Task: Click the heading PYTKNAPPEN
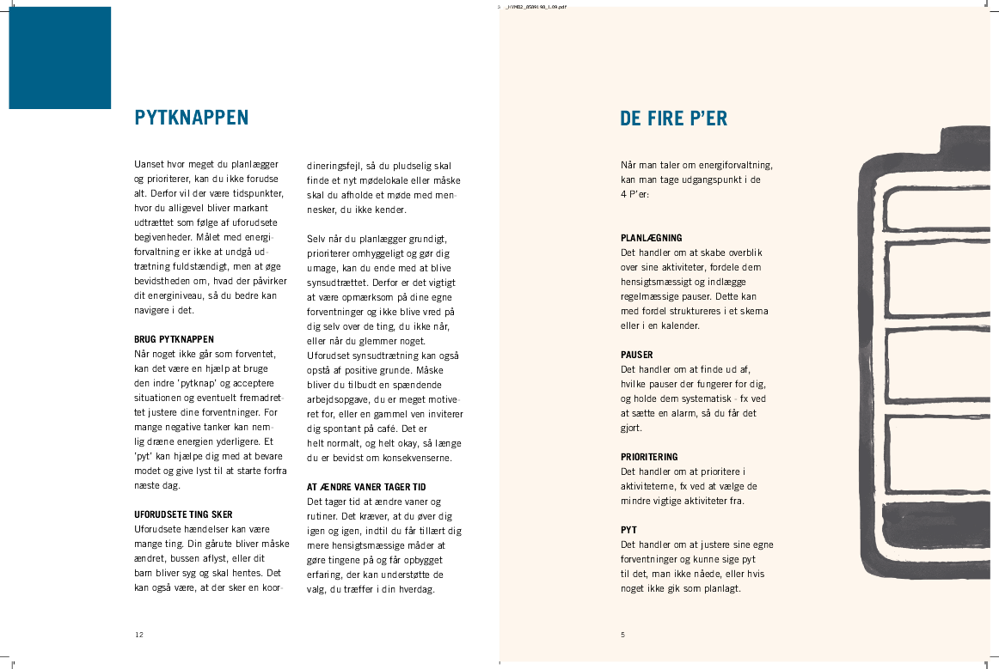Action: point(192,118)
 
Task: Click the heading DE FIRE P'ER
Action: point(674,119)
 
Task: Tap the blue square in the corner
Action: point(60,58)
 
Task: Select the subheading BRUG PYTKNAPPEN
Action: point(175,339)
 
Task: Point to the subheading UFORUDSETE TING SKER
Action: point(183,514)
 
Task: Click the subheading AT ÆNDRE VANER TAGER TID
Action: point(366,487)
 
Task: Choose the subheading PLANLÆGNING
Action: point(652,238)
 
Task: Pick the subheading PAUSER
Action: point(637,355)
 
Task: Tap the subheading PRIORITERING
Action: point(649,457)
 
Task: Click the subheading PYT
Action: point(628,530)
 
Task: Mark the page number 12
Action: point(139,635)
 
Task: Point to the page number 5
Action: point(622,635)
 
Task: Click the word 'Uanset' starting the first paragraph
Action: point(150,165)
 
